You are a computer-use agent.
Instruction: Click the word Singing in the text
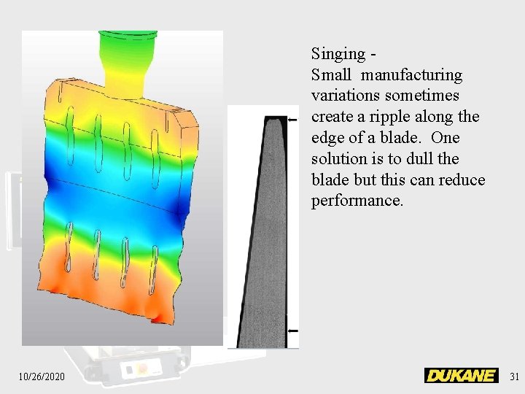pos(338,54)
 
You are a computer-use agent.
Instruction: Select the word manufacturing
pos(411,75)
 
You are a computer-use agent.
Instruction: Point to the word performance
pos(357,201)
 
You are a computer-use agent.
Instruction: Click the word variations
pos(346,96)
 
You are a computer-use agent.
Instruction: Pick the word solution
pos(339,158)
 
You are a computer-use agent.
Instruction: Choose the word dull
pos(419,158)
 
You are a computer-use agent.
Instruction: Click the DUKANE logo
pos(462,375)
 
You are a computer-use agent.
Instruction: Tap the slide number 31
pos(514,376)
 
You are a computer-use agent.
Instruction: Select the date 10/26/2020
pos(42,376)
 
